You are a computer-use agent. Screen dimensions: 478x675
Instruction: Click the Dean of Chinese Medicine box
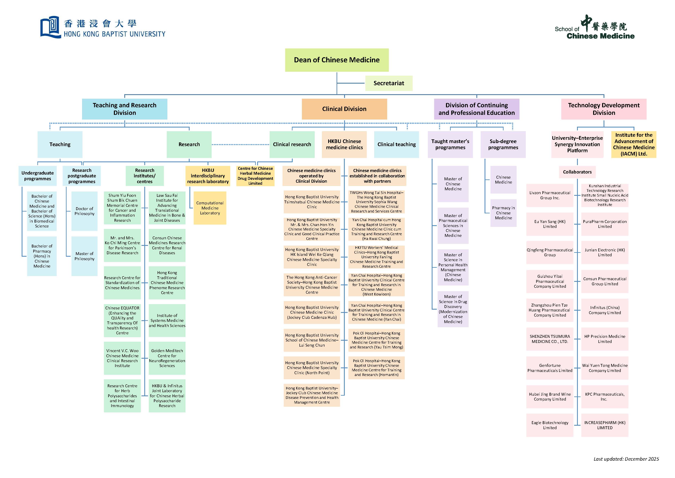click(337, 60)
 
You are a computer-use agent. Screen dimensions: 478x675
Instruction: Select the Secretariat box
click(389, 83)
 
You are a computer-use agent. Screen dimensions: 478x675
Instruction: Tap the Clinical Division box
click(344, 109)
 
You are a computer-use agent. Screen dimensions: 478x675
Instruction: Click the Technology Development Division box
click(604, 109)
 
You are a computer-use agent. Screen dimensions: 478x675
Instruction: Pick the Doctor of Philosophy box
click(84, 211)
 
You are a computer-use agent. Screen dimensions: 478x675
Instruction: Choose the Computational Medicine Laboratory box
click(210, 208)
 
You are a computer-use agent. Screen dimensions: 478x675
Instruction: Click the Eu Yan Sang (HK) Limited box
click(550, 224)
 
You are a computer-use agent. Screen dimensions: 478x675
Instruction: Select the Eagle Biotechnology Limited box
click(550, 425)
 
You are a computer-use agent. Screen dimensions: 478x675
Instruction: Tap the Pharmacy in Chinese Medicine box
click(503, 213)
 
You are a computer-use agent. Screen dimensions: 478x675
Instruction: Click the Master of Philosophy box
click(84, 256)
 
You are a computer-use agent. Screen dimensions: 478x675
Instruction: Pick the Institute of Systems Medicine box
click(167, 320)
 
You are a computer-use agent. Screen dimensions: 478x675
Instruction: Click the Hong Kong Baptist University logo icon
click(50, 27)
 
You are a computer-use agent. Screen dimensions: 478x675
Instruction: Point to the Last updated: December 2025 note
click(626, 459)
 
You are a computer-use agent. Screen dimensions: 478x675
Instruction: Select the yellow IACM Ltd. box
click(634, 144)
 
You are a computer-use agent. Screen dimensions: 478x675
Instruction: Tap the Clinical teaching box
click(396, 144)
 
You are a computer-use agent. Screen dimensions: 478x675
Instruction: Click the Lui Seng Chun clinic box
click(312, 340)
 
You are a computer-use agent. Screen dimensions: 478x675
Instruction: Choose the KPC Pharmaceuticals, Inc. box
click(604, 396)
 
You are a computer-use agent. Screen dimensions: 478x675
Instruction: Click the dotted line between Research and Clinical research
click(240, 144)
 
